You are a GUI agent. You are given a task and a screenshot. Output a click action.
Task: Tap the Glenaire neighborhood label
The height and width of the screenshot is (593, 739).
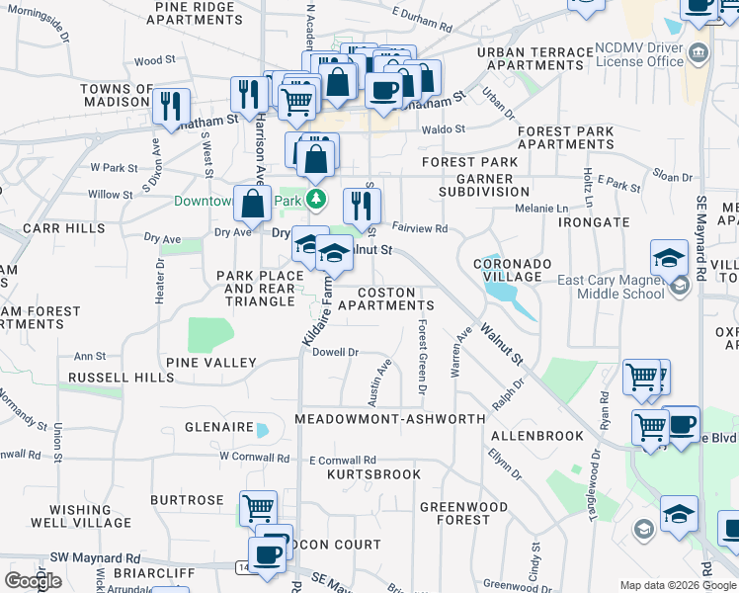click(219, 427)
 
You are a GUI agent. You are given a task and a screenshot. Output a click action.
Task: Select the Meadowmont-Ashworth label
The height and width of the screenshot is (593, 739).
click(390, 419)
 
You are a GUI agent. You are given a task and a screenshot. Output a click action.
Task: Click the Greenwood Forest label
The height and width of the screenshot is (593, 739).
click(455, 513)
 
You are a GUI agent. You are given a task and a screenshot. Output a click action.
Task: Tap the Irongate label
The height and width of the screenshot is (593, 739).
click(594, 223)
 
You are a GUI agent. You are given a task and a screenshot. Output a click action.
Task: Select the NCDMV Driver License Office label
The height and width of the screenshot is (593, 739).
click(639, 54)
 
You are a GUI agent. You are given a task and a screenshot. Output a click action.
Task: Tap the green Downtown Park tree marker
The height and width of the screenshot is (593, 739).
click(316, 201)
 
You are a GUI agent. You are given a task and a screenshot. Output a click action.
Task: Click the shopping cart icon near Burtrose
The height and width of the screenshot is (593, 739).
click(258, 508)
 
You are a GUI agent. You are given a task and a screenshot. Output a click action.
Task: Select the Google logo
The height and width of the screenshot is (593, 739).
click(34, 581)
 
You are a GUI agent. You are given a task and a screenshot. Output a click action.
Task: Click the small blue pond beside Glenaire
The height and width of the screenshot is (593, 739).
click(262, 430)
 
